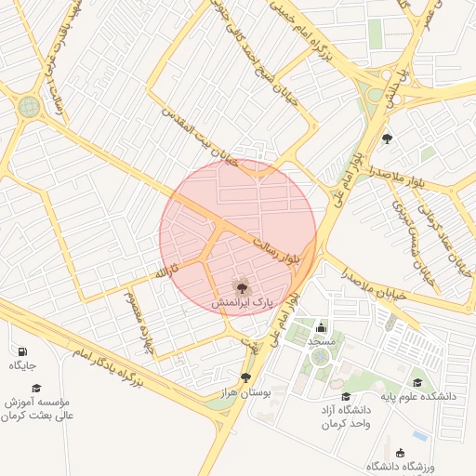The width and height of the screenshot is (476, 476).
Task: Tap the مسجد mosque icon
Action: pos(322,327)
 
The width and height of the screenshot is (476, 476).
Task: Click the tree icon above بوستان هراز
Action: pos(245,377)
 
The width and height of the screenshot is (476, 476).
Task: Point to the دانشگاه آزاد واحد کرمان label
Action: pos(346,416)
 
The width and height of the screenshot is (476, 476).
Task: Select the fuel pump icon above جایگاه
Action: pos(21,351)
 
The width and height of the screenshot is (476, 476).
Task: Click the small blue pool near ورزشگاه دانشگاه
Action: pos(421,435)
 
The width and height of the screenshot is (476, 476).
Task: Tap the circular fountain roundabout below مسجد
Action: pos(321,356)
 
